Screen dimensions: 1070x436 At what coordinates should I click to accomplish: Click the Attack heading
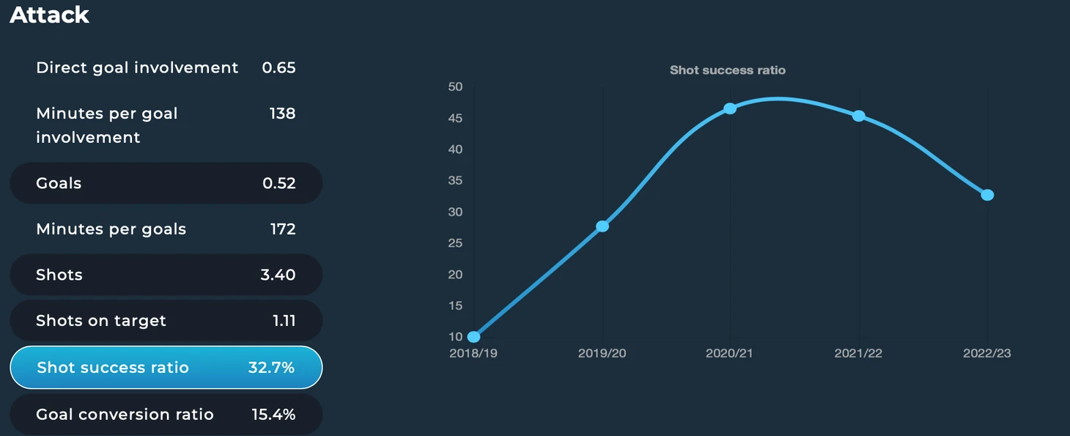point(49,15)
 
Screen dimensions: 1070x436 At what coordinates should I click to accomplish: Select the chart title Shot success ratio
point(728,70)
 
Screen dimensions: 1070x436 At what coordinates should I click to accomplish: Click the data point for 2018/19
point(474,337)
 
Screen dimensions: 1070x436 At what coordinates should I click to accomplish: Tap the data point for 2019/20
point(603,226)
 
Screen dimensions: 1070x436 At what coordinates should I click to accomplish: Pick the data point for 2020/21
point(730,108)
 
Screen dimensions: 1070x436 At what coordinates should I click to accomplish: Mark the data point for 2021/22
point(859,116)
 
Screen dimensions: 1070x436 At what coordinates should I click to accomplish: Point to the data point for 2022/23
point(987,195)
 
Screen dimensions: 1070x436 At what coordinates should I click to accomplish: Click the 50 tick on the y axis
point(455,87)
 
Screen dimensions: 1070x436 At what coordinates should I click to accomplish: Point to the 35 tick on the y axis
point(455,180)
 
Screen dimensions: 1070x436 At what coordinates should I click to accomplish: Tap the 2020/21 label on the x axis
point(729,353)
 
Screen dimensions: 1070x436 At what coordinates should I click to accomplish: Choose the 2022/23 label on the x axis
point(987,353)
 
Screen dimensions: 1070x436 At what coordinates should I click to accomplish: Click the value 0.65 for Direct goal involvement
point(279,68)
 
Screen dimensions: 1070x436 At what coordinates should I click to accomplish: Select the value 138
point(282,114)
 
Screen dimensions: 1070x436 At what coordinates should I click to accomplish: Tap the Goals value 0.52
point(279,183)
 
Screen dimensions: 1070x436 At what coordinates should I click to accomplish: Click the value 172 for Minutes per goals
point(283,229)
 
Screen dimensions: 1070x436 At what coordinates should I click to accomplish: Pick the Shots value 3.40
point(278,275)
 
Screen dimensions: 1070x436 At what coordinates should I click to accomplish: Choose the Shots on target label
point(101,321)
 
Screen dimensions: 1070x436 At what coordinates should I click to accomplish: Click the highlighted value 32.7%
point(271,368)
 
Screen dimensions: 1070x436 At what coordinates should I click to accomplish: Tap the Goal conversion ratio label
point(125,415)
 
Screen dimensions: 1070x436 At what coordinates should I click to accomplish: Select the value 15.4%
point(273,415)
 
